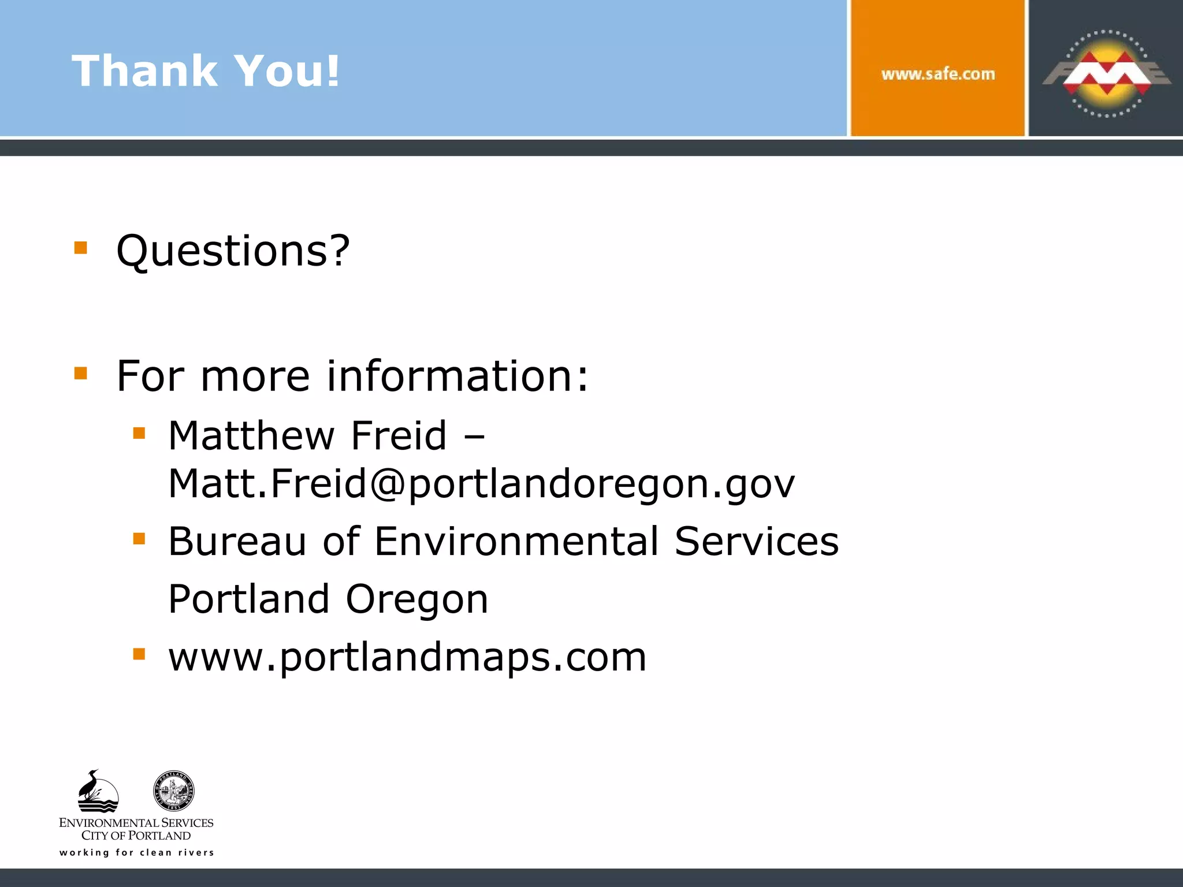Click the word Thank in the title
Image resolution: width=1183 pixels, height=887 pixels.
click(x=144, y=71)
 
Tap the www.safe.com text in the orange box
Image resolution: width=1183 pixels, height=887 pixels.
click(x=938, y=74)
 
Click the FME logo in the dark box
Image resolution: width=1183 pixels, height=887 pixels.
click(x=1106, y=73)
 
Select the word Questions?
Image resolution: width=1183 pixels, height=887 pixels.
click(x=233, y=252)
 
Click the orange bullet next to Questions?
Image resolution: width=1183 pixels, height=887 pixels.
click(x=81, y=248)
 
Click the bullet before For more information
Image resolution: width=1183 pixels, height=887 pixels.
click(x=81, y=373)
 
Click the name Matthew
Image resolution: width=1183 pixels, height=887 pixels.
click(x=250, y=435)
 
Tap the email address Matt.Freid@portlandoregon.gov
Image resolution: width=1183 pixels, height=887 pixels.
click(x=481, y=484)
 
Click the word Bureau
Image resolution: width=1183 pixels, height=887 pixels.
click(x=237, y=542)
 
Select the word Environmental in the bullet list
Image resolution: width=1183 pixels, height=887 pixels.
click(x=516, y=542)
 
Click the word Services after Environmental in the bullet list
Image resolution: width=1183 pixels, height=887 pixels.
click(x=756, y=542)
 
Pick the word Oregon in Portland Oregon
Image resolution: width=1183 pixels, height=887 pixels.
click(x=416, y=599)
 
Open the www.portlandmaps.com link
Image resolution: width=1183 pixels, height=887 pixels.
click(x=407, y=657)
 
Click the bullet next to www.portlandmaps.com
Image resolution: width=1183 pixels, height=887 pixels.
click(x=139, y=654)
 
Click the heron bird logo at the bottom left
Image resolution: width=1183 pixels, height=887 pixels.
click(x=98, y=791)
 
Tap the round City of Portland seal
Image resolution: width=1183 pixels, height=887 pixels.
click(x=174, y=791)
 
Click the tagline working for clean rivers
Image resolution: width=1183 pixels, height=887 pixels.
click(x=137, y=852)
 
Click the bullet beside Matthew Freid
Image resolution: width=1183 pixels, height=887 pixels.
click(x=139, y=433)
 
